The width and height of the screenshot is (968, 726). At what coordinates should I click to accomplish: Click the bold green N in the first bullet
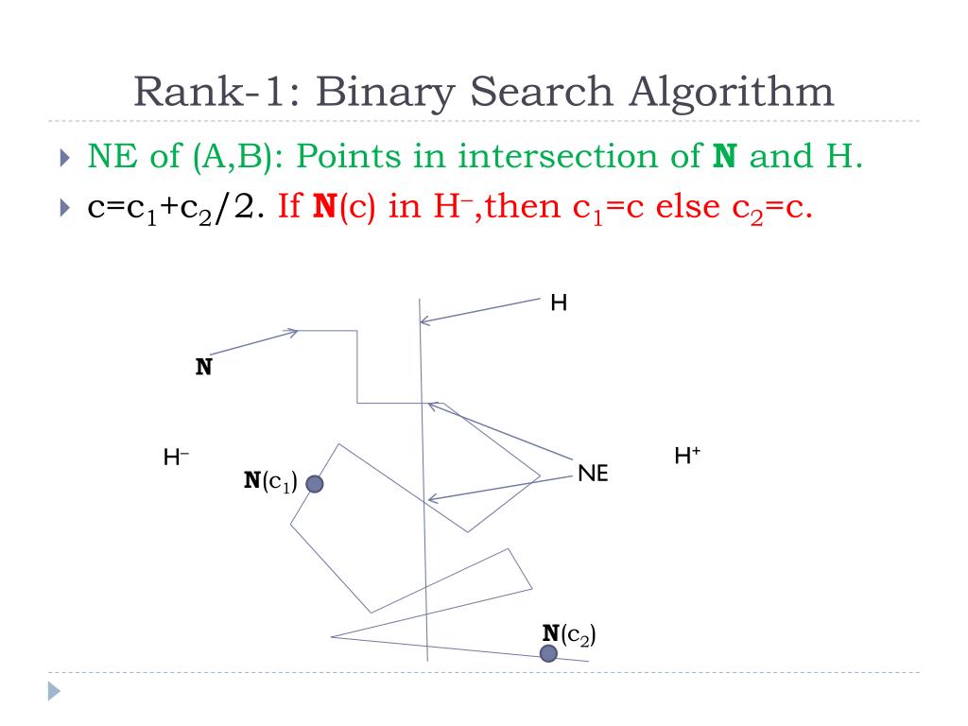point(724,156)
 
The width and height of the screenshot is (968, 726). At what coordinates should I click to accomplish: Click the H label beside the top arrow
point(559,303)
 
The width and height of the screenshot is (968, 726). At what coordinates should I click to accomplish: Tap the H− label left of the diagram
point(176,458)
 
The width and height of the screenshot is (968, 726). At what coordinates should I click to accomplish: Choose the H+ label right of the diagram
point(687,456)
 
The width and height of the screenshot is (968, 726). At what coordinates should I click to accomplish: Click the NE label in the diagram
point(593,474)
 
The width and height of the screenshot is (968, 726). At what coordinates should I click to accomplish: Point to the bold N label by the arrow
point(203,367)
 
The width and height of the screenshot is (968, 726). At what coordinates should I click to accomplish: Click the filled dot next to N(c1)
point(315,484)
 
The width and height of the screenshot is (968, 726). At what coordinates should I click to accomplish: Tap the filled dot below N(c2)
point(548,653)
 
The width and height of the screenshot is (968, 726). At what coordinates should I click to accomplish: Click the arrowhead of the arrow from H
point(423,321)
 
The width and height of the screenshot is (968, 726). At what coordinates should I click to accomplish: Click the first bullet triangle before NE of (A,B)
point(63,157)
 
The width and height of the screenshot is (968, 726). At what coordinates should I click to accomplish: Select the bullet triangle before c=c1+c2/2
point(63,208)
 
